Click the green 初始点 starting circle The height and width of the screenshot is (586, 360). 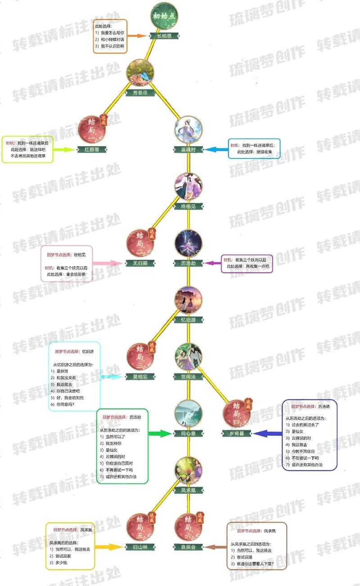[x=163, y=17]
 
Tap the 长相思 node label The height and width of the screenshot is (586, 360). [x=164, y=36]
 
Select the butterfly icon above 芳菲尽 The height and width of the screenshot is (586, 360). [x=140, y=72]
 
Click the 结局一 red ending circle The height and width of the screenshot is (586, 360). [x=92, y=129]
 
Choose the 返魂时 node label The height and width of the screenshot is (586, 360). [x=189, y=150]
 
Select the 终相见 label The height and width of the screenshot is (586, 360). [x=189, y=206]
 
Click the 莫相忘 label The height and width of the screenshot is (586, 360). [x=139, y=376]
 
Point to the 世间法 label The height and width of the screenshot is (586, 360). [x=189, y=376]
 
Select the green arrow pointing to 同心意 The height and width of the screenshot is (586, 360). [x=160, y=434]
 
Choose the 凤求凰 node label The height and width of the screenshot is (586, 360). [x=189, y=490]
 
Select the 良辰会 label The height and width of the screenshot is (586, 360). [x=189, y=547]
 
